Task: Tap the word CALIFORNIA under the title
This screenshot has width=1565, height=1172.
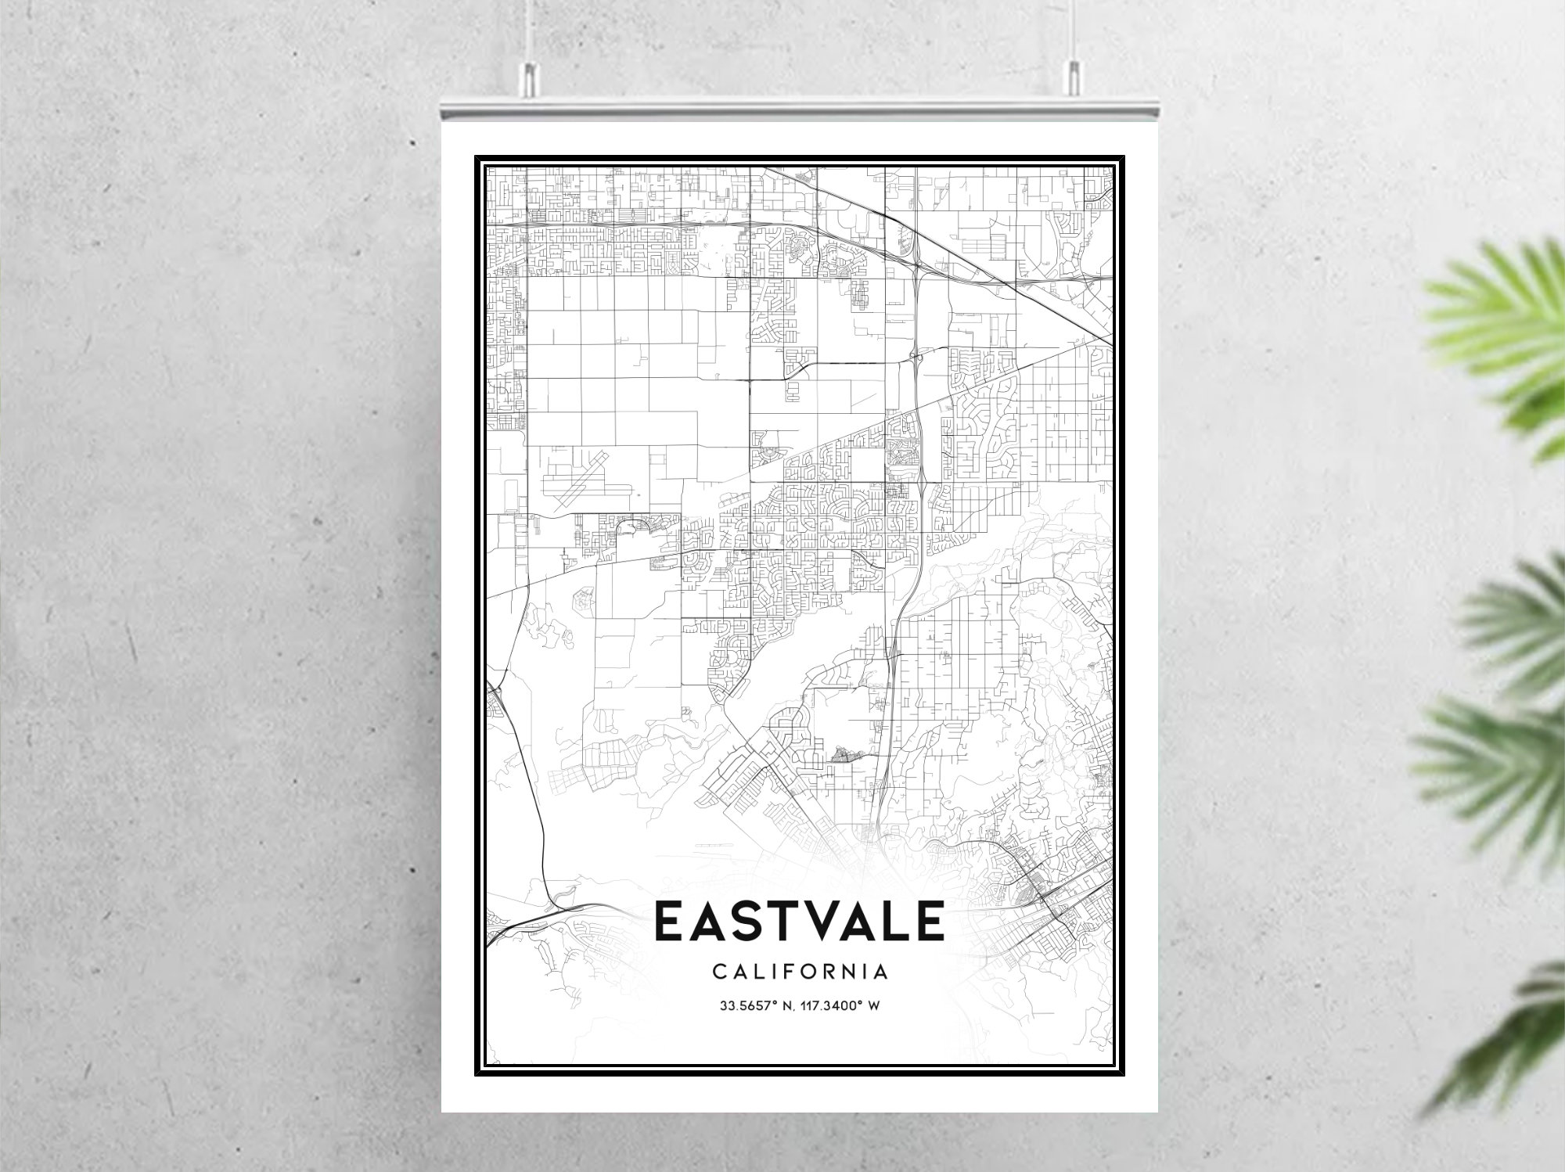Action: [800, 972]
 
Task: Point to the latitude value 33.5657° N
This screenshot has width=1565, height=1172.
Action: [753, 1005]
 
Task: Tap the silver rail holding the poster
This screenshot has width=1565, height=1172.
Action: [799, 109]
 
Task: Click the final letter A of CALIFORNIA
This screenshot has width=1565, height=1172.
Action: [881, 972]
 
